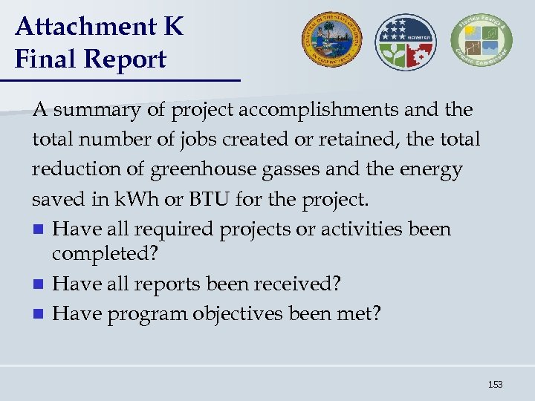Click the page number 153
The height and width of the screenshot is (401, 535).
point(495,384)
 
